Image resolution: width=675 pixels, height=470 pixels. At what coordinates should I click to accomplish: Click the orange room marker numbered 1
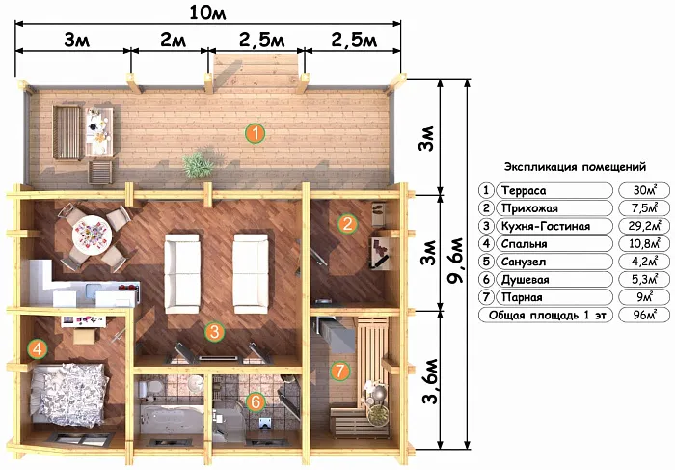[256, 133]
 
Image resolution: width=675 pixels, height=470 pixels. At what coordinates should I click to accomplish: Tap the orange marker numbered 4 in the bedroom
[38, 348]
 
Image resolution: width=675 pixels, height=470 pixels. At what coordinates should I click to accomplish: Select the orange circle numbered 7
[340, 371]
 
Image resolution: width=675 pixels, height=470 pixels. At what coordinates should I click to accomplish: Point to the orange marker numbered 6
[256, 401]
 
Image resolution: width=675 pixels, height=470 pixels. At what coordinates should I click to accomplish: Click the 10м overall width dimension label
[207, 14]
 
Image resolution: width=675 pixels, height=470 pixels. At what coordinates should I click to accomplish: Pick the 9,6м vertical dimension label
[455, 260]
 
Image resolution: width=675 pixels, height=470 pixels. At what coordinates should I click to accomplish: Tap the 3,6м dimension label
[430, 381]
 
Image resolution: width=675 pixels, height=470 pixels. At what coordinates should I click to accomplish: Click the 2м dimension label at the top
[173, 41]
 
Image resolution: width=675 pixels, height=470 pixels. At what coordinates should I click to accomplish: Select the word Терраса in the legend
[524, 190]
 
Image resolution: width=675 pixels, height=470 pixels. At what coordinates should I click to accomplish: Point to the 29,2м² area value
[644, 225]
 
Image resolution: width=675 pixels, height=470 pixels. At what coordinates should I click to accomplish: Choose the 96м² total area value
[644, 315]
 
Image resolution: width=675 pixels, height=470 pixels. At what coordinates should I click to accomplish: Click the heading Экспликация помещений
[575, 167]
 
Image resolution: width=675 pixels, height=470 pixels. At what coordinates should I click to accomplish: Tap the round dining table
[92, 235]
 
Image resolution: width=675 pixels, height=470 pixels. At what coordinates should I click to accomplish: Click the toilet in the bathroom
[148, 389]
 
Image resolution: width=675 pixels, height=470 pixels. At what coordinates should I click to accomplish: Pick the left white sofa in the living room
[182, 273]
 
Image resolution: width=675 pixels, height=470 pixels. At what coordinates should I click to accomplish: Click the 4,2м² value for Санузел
[644, 262]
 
